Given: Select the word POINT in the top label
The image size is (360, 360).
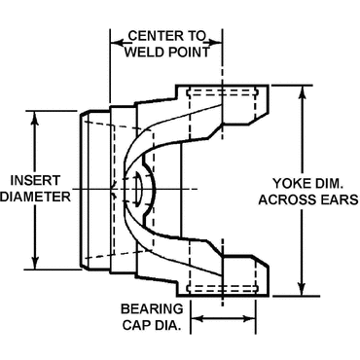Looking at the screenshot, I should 188,53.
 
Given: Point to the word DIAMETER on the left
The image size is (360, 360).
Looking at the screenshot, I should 36,196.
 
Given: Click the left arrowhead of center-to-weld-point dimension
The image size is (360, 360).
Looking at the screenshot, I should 112,41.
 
